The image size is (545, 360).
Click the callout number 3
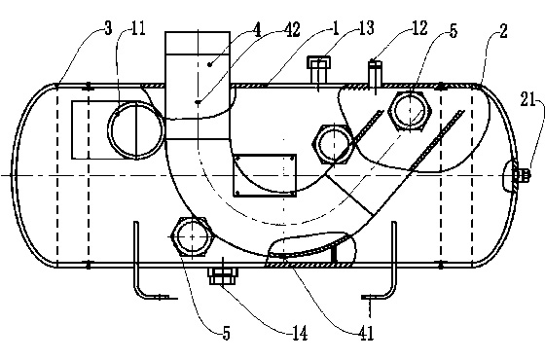(108, 28)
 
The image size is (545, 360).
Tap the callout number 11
(138, 28)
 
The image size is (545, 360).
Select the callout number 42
(292, 29)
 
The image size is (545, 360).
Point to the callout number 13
(366, 28)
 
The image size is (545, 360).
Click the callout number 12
(419, 28)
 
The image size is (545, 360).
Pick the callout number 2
(503, 31)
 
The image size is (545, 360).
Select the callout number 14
(300, 334)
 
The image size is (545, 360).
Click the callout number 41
(366, 334)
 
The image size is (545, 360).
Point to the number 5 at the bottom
(226, 334)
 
